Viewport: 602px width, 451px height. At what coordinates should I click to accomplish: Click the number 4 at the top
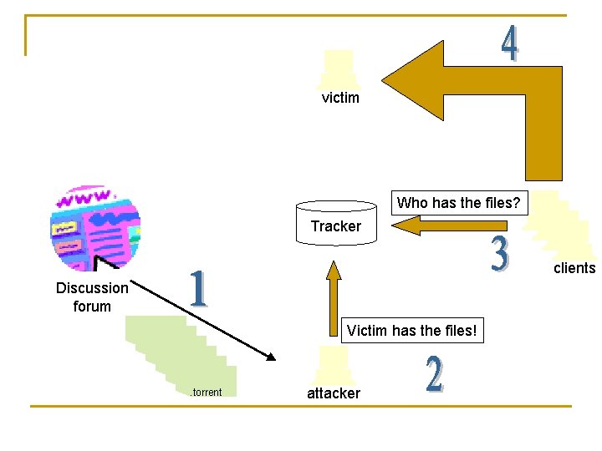click(510, 43)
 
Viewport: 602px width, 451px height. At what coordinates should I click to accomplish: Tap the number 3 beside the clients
click(499, 256)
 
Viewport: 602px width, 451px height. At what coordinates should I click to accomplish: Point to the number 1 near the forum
click(197, 289)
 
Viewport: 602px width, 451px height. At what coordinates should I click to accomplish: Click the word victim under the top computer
click(340, 98)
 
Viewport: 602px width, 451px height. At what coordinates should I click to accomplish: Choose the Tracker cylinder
click(337, 223)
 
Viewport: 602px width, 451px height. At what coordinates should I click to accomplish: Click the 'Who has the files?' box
click(459, 202)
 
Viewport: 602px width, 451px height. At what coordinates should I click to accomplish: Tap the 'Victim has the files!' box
click(413, 330)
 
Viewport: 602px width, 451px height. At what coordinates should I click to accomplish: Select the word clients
click(574, 268)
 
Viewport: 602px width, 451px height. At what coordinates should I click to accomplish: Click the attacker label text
click(334, 393)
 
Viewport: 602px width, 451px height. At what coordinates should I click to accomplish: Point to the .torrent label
click(206, 393)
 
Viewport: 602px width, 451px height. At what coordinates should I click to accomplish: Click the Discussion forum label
click(92, 296)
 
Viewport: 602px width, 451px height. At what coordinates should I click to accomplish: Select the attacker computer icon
click(334, 366)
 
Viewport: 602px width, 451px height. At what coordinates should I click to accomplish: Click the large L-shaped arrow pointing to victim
click(502, 92)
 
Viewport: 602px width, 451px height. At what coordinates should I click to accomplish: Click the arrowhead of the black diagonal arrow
click(270, 357)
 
